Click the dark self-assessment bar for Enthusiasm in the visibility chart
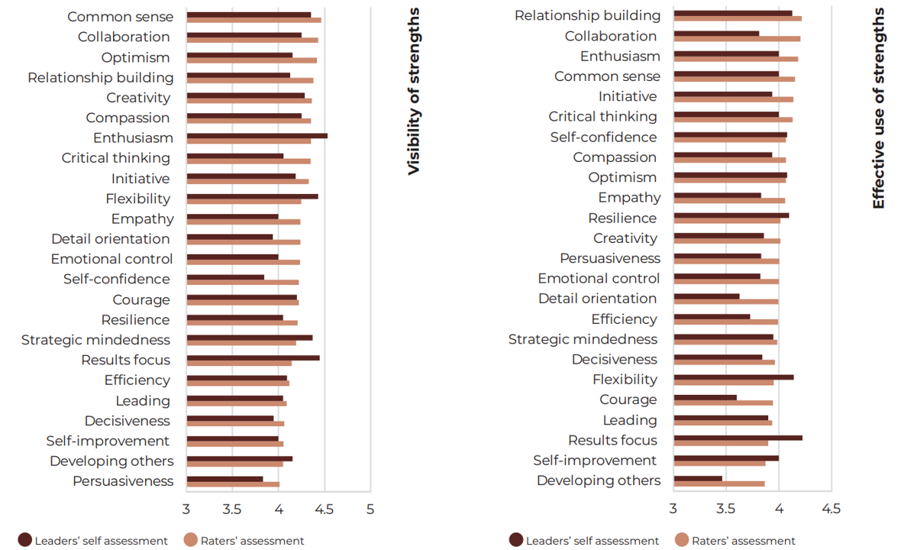[x=257, y=136]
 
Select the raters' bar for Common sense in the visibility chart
[x=253, y=20]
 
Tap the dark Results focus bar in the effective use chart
[x=738, y=438]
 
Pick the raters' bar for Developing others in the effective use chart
[x=718, y=484]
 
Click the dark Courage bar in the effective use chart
[x=705, y=397]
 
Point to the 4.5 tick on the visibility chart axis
[x=324, y=509]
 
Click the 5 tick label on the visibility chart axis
[x=370, y=509]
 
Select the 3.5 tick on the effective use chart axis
[x=726, y=509]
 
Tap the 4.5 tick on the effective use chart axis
[x=831, y=509]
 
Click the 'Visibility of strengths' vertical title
[x=414, y=92]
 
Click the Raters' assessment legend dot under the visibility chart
[x=191, y=540]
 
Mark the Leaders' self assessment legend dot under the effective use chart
[x=516, y=540]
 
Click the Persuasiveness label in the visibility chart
[x=123, y=481]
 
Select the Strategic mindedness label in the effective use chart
[x=583, y=339]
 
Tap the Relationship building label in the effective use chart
[x=587, y=15]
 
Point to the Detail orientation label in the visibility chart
[x=111, y=239]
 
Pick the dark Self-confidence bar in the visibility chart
[x=225, y=277]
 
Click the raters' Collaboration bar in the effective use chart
[x=737, y=38]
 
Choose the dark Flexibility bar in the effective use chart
[x=734, y=377]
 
